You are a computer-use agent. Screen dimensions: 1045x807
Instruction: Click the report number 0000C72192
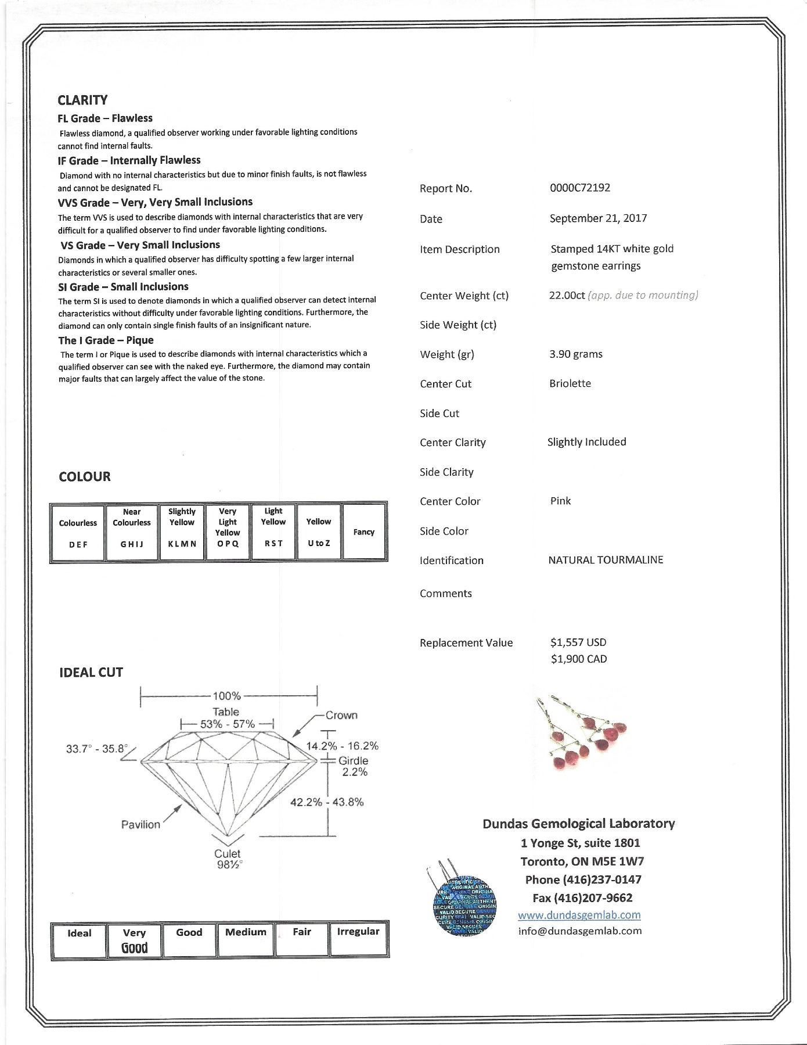[x=579, y=188]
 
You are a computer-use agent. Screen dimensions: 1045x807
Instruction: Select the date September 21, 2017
[x=598, y=218]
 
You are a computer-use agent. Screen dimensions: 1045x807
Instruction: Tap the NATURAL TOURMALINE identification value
[x=606, y=560]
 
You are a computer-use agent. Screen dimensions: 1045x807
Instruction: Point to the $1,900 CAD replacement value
[x=578, y=659]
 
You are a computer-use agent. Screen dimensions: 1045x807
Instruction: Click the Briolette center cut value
[x=570, y=383]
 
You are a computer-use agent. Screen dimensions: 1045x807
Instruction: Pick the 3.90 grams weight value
[x=575, y=354]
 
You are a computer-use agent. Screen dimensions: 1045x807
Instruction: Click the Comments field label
[x=445, y=593]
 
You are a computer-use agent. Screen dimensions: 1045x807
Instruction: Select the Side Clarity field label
[x=446, y=472]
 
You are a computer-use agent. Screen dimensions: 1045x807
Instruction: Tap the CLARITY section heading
[x=82, y=100]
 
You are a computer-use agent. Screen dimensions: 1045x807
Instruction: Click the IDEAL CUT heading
[x=91, y=672]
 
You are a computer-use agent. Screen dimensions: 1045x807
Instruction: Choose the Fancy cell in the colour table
[x=364, y=532]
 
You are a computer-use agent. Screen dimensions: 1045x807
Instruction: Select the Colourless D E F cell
[x=78, y=532]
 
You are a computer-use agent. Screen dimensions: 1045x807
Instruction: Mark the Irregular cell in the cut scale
[x=358, y=939]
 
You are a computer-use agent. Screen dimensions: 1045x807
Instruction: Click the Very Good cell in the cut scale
[x=134, y=940]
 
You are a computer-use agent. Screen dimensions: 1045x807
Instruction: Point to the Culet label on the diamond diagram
[x=227, y=853]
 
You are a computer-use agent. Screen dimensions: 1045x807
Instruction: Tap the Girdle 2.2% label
[x=354, y=766]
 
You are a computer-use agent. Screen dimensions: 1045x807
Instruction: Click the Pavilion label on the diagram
[x=140, y=824]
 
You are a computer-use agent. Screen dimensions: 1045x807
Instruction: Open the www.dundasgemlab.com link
[x=579, y=915]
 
